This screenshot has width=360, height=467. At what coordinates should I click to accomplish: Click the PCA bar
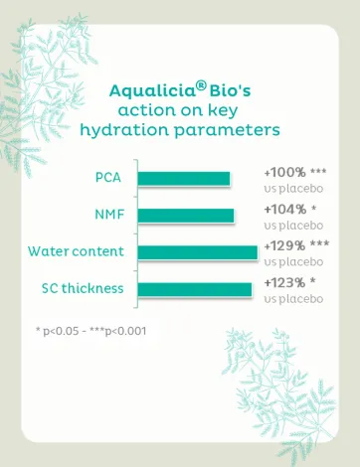[184, 179]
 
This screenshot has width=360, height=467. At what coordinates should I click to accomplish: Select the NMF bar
[186, 216]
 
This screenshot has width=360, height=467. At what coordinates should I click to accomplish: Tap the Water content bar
[198, 252]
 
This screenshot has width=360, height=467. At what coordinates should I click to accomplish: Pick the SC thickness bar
[195, 289]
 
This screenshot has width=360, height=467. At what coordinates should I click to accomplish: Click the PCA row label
[108, 178]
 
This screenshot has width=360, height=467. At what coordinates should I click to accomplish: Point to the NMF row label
[109, 215]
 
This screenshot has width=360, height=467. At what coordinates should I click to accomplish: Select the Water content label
[76, 251]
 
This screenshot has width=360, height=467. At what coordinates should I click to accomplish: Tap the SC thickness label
[83, 288]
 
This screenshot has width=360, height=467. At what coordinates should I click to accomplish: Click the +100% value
[284, 172]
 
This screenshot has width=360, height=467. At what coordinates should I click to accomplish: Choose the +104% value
[285, 210]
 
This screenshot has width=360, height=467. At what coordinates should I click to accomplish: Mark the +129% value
[284, 245]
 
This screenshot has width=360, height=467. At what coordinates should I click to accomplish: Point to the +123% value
[284, 283]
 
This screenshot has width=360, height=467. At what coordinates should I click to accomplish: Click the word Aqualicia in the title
[152, 91]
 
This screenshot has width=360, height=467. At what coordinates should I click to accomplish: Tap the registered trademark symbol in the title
[201, 86]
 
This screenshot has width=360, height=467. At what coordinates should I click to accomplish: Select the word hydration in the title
[124, 130]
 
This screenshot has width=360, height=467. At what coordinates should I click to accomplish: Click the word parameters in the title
[227, 130]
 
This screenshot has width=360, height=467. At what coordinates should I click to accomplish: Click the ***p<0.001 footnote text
[118, 331]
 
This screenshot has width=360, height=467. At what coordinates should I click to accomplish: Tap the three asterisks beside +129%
[319, 243]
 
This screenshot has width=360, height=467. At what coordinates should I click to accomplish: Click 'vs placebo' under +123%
[293, 299]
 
